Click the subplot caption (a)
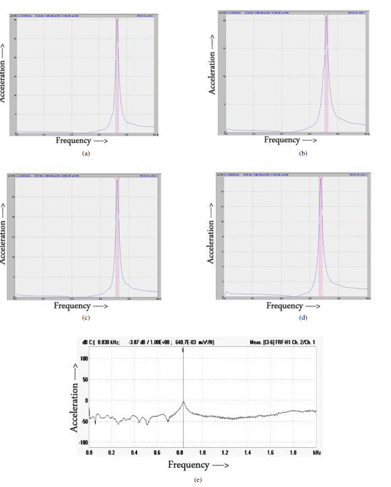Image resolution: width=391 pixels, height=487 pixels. (86, 153)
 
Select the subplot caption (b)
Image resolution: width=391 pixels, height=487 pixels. (303, 153)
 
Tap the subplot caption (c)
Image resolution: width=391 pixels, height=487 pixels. (86, 317)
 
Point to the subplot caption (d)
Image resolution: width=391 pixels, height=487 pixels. (303, 317)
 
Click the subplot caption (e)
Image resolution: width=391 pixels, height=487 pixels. (198, 480)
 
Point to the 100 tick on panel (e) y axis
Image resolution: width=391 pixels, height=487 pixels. (84, 358)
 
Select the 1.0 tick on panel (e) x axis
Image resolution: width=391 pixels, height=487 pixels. (202, 452)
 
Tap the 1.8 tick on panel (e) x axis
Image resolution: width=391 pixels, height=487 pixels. (293, 452)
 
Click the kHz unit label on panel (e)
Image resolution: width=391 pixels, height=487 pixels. (317, 452)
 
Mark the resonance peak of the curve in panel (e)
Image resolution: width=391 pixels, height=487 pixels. (183, 401)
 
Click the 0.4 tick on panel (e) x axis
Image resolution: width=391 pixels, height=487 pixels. (135, 452)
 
